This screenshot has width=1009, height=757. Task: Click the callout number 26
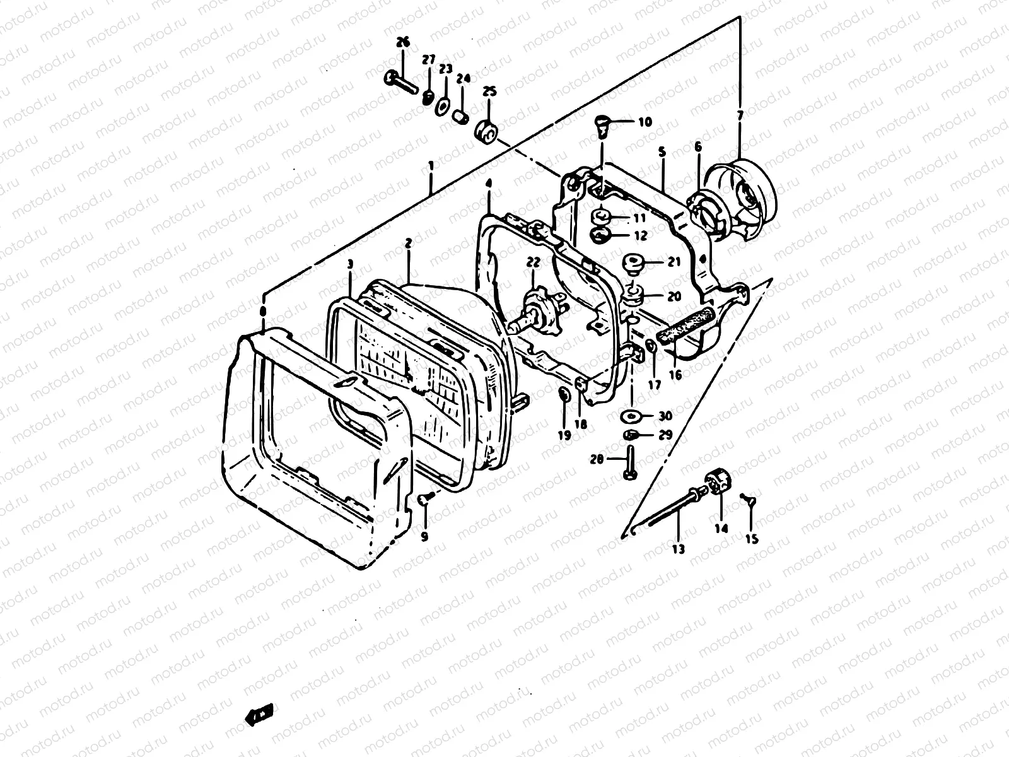pos(402,42)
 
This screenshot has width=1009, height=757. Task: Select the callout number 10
pos(644,122)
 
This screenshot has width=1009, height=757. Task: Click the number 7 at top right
pos(740,115)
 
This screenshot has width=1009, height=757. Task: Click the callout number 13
pos(678,549)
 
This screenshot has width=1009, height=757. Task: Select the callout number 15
pos(752,539)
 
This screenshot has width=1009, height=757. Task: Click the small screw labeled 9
pos(423,499)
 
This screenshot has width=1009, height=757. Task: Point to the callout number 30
pos(665,416)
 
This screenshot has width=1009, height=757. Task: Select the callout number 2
pos(409,242)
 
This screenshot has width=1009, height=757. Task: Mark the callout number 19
pos(564,435)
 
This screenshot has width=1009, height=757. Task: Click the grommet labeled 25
pos(487,132)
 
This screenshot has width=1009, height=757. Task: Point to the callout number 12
pos(641,237)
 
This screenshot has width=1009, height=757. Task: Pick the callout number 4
pos(489,184)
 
